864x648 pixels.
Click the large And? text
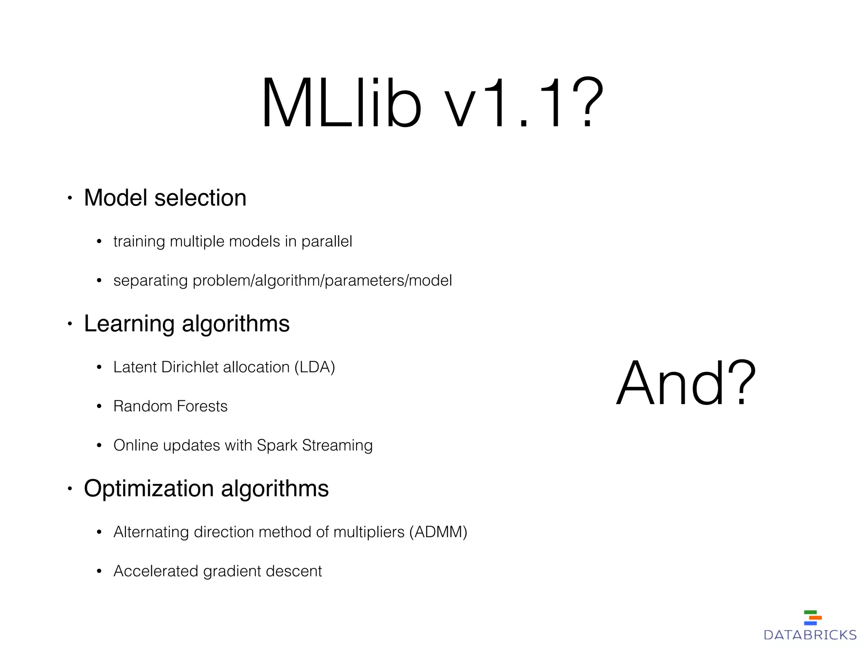[685, 383]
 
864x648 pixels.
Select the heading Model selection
[165, 197]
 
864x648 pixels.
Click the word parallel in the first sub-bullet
[327, 241]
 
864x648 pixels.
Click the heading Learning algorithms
[186, 324]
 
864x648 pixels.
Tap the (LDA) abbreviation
[315, 367]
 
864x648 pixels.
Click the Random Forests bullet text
[170, 406]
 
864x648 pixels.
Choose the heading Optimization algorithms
[206, 489]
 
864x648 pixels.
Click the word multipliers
[369, 532]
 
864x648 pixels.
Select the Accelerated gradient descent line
[217, 571]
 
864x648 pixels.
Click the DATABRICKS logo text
[810, 634]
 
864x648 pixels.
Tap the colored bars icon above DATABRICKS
[813, 618]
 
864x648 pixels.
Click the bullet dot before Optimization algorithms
[70, 489]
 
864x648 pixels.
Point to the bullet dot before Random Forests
[99, 407]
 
